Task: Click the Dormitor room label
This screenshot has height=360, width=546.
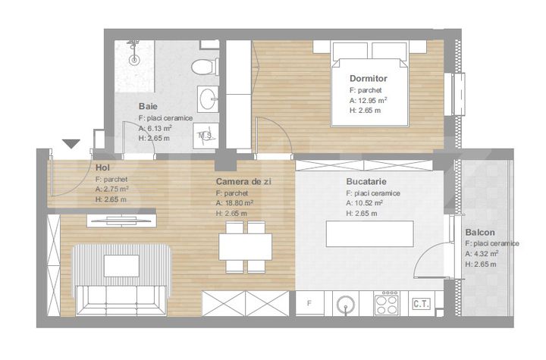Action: click(368, 78)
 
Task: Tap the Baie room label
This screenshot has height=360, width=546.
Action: click(148, 106)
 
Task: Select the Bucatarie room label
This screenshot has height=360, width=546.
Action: click(366, 181)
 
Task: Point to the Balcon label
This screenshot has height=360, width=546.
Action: click(480, 232)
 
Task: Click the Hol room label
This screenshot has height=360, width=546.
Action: click(102, 167)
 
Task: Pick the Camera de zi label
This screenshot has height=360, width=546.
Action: click(243, 181)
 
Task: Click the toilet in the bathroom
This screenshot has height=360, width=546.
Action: click(205, 66)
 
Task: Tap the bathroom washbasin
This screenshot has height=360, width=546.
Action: click(209, 99)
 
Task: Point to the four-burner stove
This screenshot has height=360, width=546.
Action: click(387, 303)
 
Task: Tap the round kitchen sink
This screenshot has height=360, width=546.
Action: click(346, 305)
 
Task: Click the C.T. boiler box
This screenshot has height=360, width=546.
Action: click(422, 304)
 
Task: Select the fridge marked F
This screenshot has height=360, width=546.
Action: click(309, 304)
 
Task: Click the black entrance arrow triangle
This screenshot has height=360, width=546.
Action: click(71, 144)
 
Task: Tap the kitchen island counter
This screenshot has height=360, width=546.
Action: click(370, 233)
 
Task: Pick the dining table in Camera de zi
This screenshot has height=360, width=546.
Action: click(246, 247)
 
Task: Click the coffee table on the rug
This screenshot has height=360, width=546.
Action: click(121, 266)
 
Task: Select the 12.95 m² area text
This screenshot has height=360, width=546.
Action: click(369, 101)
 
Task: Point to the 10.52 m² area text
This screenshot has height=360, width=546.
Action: click(365, 203)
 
